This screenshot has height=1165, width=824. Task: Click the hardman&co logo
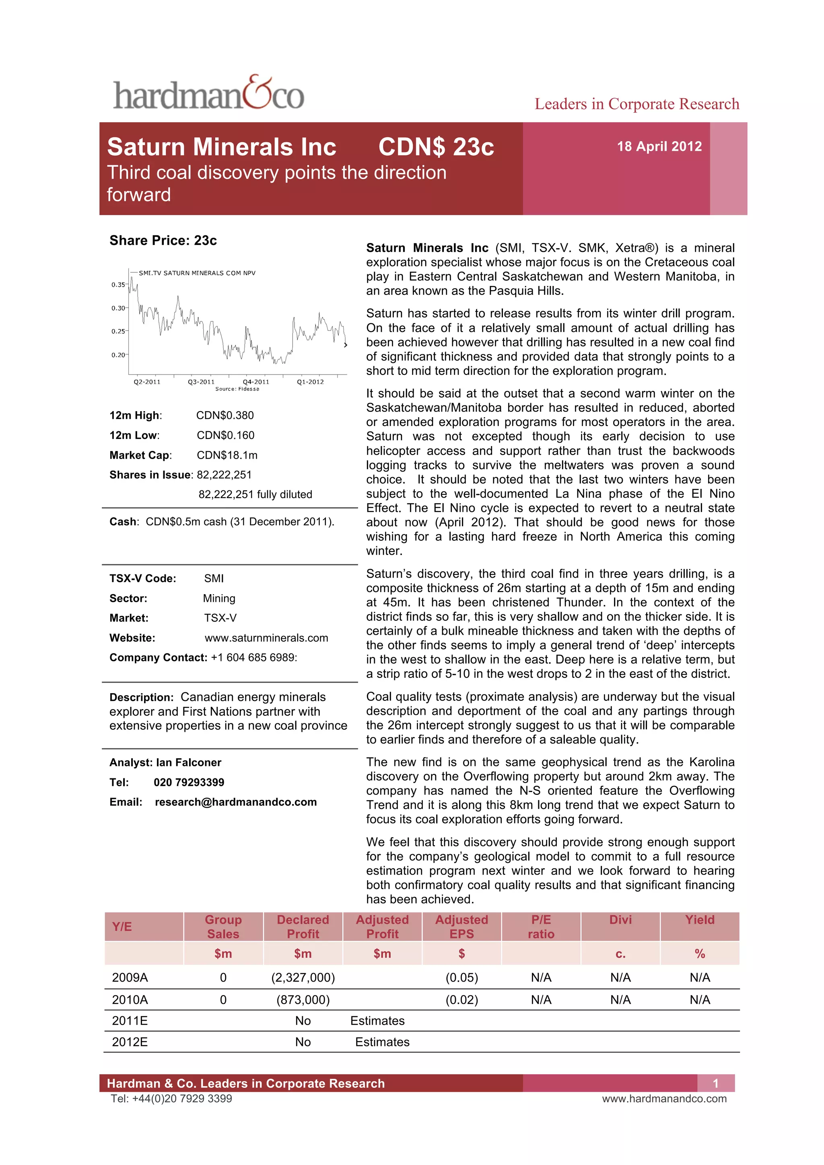pos(208,93)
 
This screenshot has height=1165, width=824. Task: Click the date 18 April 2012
pos(659,147)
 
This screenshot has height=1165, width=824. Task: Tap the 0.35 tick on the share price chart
pos(118,285)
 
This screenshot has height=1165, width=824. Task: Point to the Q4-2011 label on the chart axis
pos(256,382)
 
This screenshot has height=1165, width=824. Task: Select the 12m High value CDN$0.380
pos(225,416)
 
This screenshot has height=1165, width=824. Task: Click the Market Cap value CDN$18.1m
pos(227,455)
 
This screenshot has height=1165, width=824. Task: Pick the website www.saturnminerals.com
pos(266,638)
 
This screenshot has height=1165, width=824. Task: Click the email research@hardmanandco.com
pos(235,802)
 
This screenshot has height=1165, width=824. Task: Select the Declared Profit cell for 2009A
pos(303,977)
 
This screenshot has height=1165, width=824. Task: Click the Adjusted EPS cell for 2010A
pos(461,1000)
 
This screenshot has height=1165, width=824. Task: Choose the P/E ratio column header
pos(541,926)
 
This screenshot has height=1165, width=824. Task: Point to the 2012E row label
pos(130,1042)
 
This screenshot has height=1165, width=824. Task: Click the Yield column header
pos(700,920)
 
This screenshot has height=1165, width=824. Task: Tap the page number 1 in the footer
pos(715,1083)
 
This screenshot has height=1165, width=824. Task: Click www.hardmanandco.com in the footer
pos(664,1099)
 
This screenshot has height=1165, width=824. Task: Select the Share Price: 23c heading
pos(163,241)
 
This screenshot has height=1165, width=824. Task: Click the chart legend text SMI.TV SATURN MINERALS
pos(197,273)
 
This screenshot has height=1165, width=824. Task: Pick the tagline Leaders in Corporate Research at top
pos(637,104)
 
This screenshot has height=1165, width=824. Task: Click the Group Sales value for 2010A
pos(223,1000)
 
